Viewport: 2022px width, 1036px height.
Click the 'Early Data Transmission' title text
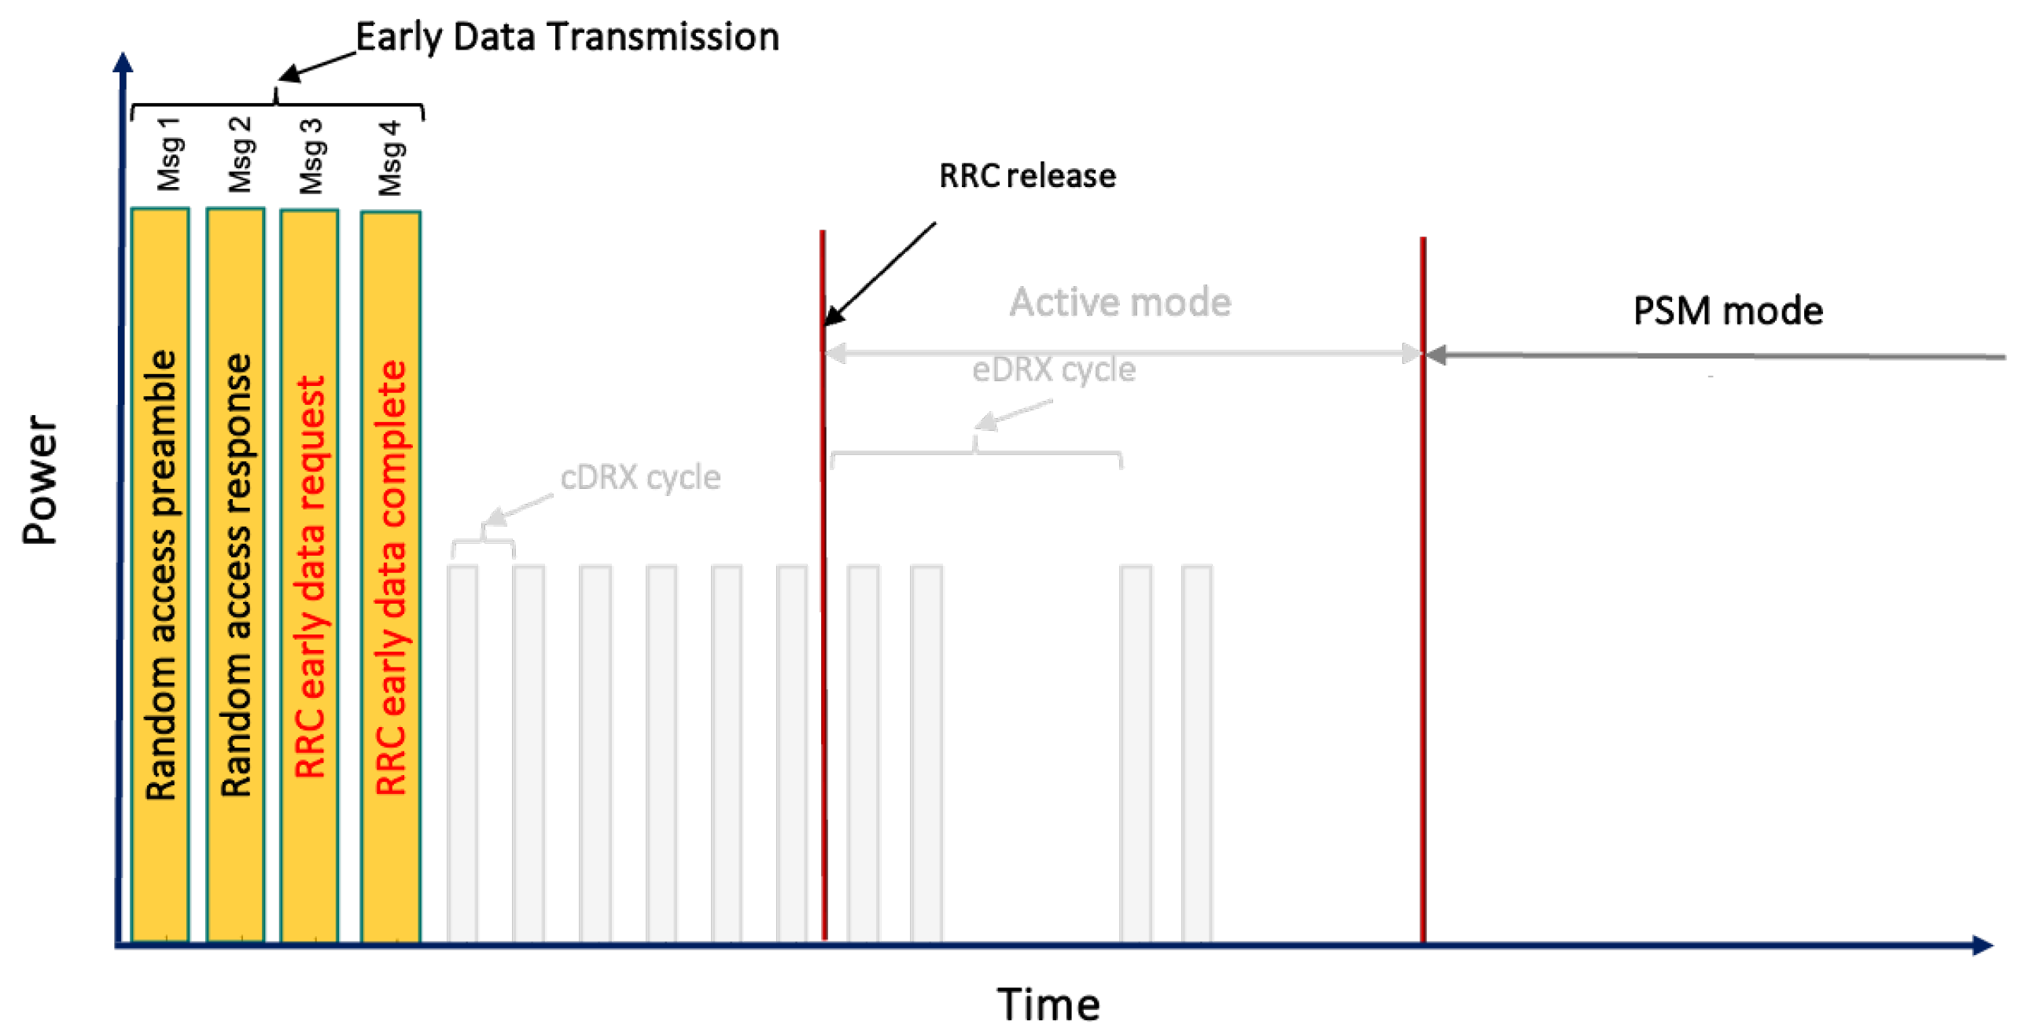coord(567,37)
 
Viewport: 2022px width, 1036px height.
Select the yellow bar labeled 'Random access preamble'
coord(160,574)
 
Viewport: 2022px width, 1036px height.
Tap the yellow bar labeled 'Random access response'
coord(235,574)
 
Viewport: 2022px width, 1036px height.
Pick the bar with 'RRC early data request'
coord(309,574)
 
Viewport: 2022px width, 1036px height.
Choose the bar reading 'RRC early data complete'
coord(390,574)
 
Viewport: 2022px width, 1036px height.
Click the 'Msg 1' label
coord(168,155)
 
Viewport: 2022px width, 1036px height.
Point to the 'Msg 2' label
coord(240,155)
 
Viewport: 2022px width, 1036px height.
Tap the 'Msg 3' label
coord(311,156)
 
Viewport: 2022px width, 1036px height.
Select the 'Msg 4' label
coord(389,158)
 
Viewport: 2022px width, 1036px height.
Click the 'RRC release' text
coord(1026,175)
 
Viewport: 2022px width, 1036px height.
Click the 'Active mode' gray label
coord(1120,303)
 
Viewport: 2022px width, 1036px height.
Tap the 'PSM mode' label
coord(1727,311)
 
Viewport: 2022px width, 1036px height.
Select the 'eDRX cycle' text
coord(1053,369)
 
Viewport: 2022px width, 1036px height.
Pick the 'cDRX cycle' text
coord(639,477)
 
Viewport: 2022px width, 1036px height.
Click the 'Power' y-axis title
coord(39,479)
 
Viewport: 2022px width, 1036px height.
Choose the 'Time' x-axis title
coord(1048,1004)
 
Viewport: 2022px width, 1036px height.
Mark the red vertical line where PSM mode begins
coord(1422,590)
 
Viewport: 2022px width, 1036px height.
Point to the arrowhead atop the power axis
coord(123,63)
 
